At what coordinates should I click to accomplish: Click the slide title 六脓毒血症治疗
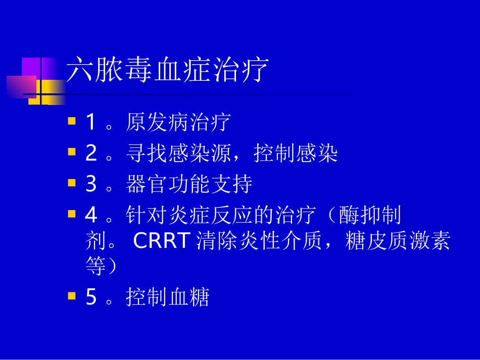tap(167, 70)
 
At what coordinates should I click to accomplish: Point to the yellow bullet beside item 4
tap(72, 214)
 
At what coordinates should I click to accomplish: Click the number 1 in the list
tap(91, 122)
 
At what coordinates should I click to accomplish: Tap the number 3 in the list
tap(91, 184)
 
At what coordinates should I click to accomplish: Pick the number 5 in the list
tap(91, 297)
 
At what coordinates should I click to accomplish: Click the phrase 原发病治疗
tap(178, 122)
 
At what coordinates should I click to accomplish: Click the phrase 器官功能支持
tap(188, 185)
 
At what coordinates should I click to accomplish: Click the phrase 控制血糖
tap(167, 297)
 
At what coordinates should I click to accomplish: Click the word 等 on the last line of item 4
tap(95, 267)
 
